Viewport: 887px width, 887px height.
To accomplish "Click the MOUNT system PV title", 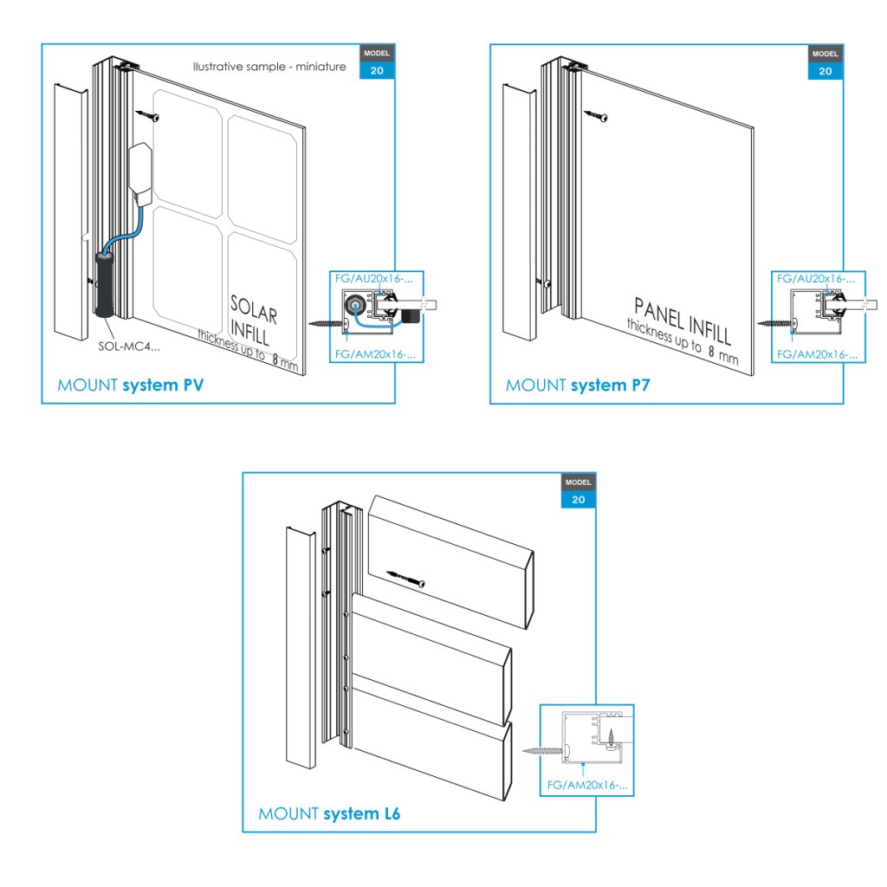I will (x=130, y=385).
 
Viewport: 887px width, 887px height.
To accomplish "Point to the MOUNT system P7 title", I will (x=578, y=385).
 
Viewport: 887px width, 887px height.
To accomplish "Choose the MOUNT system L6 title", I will (x=329, y=814).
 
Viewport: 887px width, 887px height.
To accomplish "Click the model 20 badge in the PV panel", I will (x=377, y=62).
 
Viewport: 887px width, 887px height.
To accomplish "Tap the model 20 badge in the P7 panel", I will (x=825, y=62).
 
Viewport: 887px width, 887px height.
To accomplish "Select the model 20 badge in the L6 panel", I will (x=578, y=490).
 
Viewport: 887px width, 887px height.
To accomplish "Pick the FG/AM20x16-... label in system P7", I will (x=818, y=354).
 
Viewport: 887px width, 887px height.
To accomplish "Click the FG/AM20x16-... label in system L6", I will (x=586, y=787).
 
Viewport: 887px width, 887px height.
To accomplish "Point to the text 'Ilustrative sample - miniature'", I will (x=269, y=67).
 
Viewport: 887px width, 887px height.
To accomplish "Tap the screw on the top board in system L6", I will (x=405, y=577).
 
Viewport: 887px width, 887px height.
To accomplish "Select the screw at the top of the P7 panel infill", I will (x=597, y=113).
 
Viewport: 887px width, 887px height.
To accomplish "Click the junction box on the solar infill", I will (x=140, y=170).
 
